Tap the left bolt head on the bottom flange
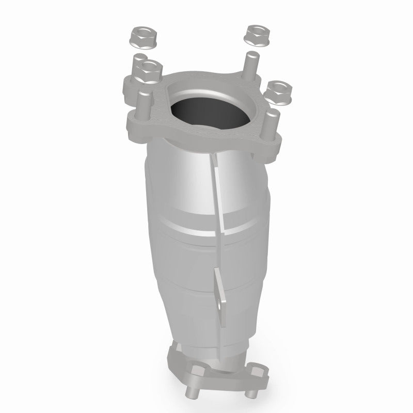click(x=198, y=370)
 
